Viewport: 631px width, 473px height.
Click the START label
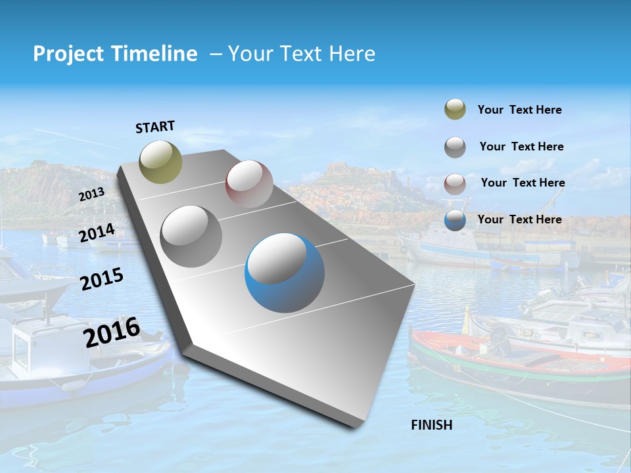click(155, 127)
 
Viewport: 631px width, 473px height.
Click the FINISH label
click(432, 425)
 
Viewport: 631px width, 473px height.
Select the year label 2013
click(91, 194)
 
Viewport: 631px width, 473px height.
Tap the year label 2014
click(97, 233)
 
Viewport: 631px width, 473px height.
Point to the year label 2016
click(112, 332)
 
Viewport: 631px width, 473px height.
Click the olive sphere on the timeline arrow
click(161, 162)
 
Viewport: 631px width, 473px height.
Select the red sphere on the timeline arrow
click(249, 184)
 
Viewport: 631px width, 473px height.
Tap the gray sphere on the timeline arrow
click(191, 236)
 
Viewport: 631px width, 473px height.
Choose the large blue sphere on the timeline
click(285, 273)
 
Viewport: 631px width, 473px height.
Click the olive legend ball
click(455, 110)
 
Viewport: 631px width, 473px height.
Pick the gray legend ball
click(455, 147)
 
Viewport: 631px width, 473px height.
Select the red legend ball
click(455, 184)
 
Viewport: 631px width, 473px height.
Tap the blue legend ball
click(455, 221)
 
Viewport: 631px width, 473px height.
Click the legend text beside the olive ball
click(519, 110)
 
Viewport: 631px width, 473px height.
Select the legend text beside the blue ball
click(519, 219)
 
